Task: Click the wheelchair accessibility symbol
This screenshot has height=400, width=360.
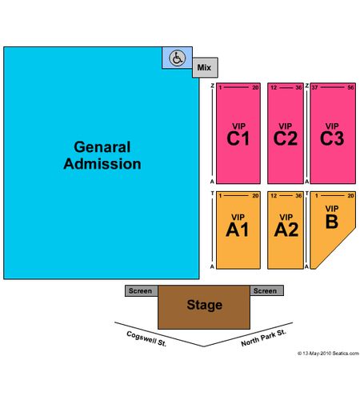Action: [x=178, y=58]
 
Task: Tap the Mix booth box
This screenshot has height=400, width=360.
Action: [x=205, y=67]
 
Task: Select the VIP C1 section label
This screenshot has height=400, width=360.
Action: [x=238, y=134]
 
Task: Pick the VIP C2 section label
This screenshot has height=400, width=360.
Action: [x=286, y=134]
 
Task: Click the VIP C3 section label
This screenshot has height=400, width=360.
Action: [x=332, y=134]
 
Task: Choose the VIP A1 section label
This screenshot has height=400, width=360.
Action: [x=238, y=226]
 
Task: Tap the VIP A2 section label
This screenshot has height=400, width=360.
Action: [x=286, y=226]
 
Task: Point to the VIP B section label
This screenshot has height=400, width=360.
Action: [x=332, y=217]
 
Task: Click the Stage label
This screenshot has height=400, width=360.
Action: [x=205, y=305]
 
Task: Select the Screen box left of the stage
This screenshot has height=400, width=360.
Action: [x=142, y=290]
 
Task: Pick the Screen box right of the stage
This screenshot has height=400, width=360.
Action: [x=266, y=290]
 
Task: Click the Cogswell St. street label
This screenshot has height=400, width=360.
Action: [x=146, y=338]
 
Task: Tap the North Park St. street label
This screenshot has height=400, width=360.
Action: [x=263, y=338]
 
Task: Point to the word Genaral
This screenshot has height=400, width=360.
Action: [x=102, y=147]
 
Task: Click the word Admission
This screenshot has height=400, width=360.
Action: [x=102, y=164]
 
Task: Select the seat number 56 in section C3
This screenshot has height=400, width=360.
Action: [x=350, y=87]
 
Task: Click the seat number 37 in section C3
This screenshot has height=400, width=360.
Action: [x=314, y=87]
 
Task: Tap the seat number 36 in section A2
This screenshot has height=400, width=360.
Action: [x=298, y=196]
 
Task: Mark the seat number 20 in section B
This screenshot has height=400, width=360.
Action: [x=350, y=196]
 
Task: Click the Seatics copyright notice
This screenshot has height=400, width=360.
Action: [x=328, y=354]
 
